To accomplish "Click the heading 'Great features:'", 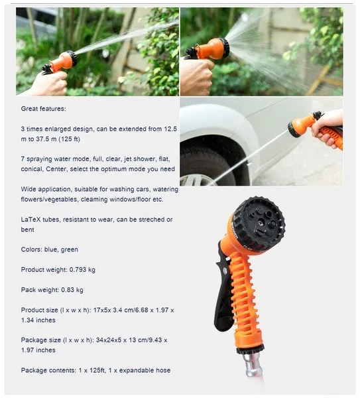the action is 43,109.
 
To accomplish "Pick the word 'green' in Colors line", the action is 69,250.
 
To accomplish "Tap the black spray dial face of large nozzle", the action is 261,222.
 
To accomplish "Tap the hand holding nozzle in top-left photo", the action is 51,84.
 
